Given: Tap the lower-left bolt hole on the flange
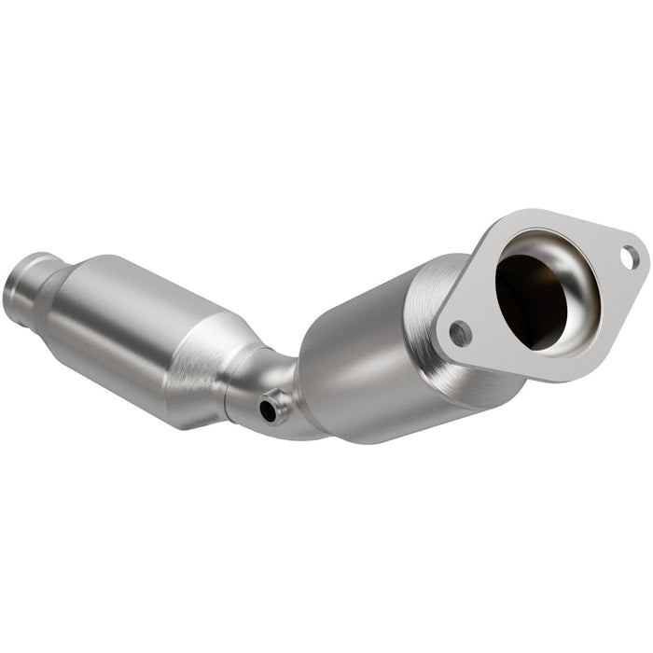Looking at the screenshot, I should (x=458, y=329).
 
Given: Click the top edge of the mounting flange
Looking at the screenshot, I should (x=560, y=213).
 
